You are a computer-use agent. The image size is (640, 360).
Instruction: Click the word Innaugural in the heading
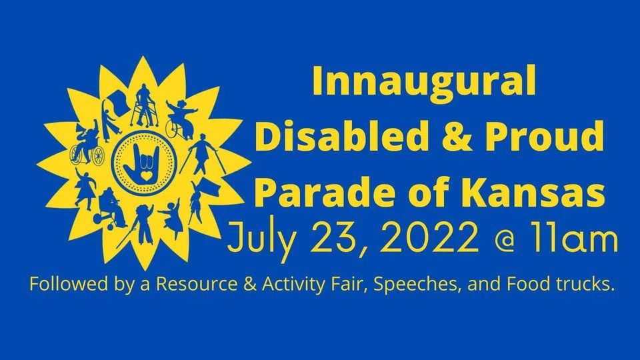pos(424,81)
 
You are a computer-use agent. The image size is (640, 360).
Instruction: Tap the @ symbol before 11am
pos(504,239)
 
